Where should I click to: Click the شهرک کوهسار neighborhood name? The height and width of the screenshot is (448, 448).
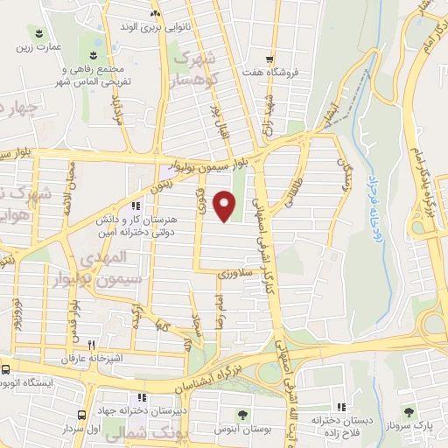pyautogui.click(x=193, y=68)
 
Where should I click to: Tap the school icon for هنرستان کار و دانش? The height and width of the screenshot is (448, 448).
pyautogui.click(x=135, y=206)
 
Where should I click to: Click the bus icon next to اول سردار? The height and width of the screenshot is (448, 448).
pyautogui.click(x=81, y=415)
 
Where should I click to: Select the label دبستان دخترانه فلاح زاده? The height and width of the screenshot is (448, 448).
pyautogui.click(x=342, y=423)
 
